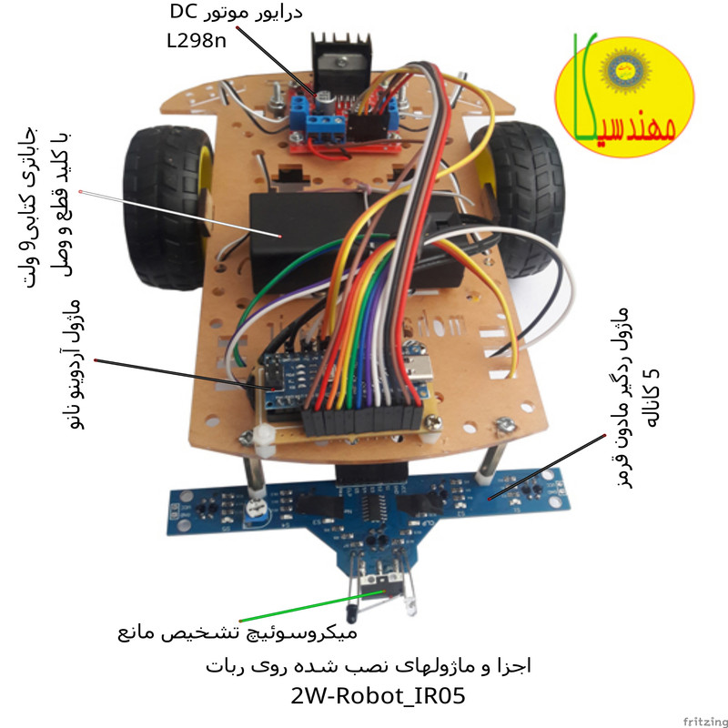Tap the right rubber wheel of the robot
coord(525,196)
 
